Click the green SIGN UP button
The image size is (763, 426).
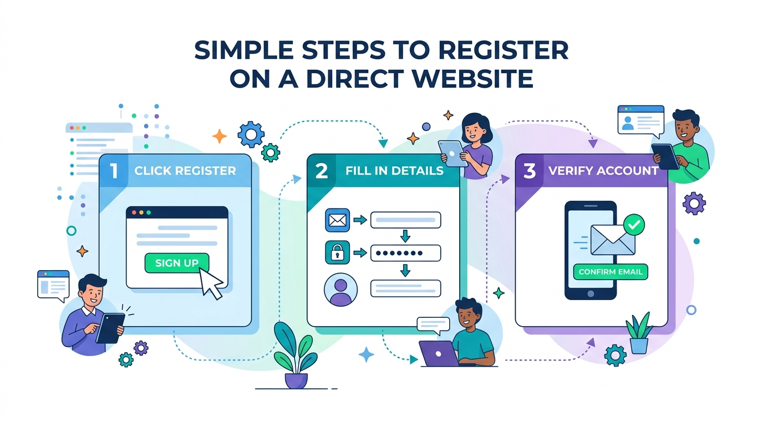(177, 263)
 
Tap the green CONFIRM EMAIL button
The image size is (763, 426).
(611, 272)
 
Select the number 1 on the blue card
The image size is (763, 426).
(114, 170)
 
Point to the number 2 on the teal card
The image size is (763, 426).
(322, 171)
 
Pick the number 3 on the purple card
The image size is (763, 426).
(530, 171)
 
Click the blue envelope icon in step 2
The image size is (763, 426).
(337, 220)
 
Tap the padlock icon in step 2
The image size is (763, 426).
(337, 252)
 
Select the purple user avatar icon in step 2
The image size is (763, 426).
(340, 290)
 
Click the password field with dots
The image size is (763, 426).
(406, 253)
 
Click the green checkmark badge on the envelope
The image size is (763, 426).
(634, 225)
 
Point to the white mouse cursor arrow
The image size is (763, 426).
(210, 283)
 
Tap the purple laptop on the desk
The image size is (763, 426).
(439, 353)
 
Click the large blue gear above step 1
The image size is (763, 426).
(251, 134)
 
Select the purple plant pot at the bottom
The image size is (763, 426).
(296, 381)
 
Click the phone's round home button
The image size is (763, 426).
(591, 293)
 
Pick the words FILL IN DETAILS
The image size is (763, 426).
(394, 171)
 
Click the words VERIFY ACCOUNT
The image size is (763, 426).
(603, 171)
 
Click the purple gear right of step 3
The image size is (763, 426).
(694, 204)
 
